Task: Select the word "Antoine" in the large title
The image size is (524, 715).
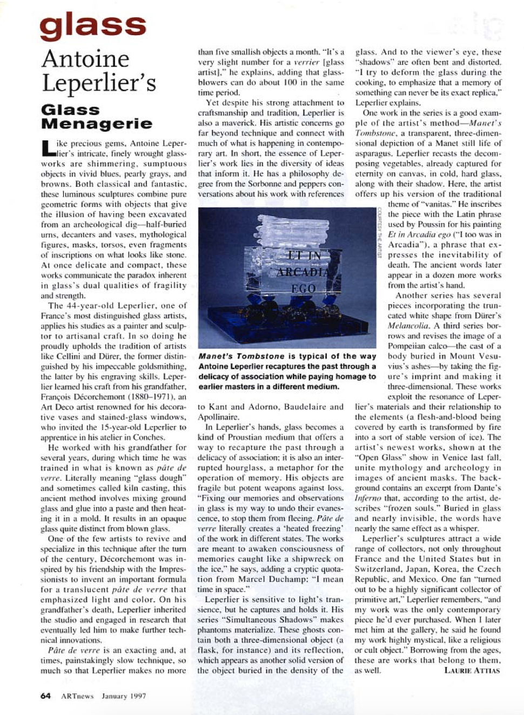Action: [85, 59]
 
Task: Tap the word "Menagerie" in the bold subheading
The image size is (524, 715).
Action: [97, 124]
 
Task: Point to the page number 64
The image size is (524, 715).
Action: [45, 696]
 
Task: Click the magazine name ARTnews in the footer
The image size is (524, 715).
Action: [77, 696]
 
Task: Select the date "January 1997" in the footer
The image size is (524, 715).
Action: [124, 696]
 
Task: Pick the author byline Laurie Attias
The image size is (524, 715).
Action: [472, 670]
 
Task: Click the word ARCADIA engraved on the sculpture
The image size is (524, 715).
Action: [304, 272]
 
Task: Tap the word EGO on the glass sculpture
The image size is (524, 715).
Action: [303, 289]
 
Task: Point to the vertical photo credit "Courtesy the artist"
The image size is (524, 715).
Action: [380, 233]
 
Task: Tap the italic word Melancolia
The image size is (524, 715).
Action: [408, 326]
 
